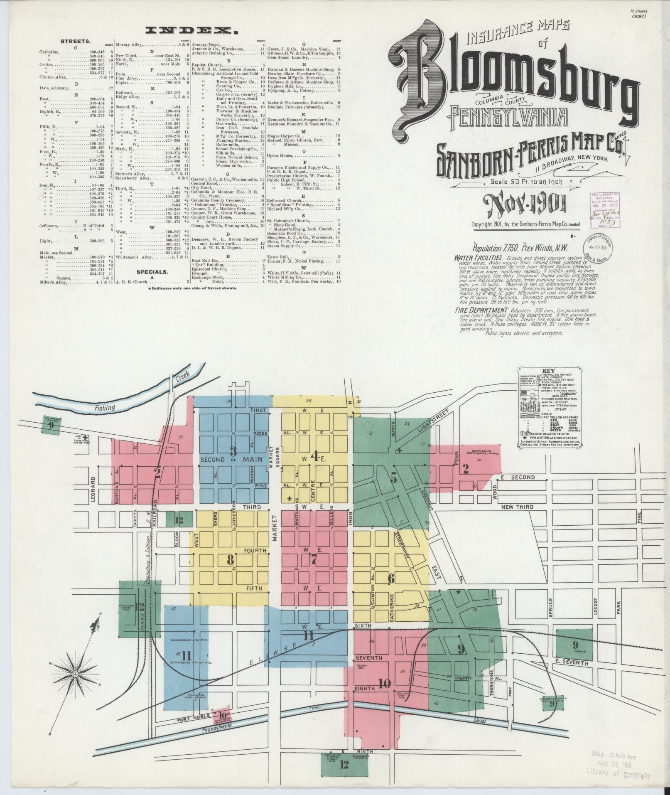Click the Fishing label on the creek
point(104,408)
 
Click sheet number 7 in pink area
point(314,561)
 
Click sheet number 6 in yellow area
point(391,578)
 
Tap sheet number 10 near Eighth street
point(385,683)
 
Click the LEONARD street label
point(93,489)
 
